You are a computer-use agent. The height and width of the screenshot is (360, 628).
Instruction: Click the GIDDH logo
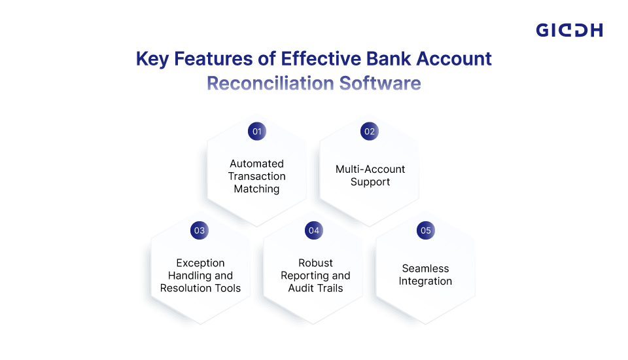click(569, 30)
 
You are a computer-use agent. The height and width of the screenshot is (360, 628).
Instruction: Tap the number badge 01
click(257, 131)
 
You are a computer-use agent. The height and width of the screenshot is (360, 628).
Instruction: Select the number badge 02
click(369, 131)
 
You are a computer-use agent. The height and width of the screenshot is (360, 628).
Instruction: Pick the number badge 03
click(200, 230)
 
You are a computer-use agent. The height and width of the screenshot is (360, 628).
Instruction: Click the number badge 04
click(313, 230)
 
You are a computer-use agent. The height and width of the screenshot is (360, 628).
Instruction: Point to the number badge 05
click(426, 230)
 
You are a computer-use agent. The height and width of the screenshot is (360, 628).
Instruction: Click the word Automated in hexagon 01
click(256, 164)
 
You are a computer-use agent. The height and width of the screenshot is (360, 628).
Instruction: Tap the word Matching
click(256, 189)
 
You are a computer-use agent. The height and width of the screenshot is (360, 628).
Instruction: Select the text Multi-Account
click(370, 169)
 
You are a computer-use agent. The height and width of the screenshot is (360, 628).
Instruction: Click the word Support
click(370, 182)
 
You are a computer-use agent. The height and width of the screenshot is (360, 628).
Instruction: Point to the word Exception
click(201, 263)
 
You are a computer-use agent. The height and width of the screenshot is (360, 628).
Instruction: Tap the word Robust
click(315, 263)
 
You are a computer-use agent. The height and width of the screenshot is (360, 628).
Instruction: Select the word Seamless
click(425, 268)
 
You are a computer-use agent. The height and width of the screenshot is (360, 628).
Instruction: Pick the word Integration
click(425, 281)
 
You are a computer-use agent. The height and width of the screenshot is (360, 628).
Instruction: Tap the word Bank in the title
click(389, 58)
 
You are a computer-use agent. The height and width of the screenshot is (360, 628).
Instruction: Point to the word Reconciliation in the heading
click(270, 83)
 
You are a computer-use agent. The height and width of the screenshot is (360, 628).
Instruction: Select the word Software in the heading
click(380, 83)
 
